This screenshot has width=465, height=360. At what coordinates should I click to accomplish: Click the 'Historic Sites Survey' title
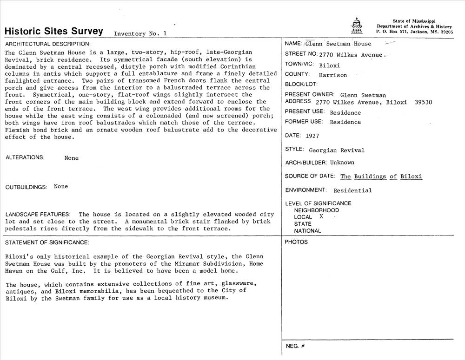[53, 31]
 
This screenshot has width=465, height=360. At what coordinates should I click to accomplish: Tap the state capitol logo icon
[357, 26]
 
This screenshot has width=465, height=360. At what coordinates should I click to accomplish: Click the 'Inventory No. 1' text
[140, 33]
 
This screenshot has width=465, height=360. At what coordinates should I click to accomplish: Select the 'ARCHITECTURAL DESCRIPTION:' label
[48, 44]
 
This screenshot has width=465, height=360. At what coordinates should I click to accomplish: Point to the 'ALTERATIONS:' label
[25, 157]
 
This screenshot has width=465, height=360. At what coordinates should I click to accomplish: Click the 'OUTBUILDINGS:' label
[27, 187]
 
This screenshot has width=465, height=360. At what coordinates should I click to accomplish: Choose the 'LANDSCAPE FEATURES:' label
[38, 214]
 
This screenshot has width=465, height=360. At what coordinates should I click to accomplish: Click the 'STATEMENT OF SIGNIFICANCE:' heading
[46, 242]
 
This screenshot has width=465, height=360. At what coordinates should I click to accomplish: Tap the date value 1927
[312, 136]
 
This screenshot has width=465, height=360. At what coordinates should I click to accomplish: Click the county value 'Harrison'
[333, 75]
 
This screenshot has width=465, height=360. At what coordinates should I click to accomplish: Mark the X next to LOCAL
[321, 216]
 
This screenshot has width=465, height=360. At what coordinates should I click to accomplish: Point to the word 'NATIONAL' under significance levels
[307, 231]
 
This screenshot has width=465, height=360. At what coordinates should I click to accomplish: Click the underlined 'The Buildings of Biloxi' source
[381, 177]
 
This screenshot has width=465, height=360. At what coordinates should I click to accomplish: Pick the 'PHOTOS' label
[296, 242]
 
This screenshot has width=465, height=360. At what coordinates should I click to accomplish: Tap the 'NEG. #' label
[295, 346]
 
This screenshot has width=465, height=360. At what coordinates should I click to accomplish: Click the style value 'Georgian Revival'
[337, 150]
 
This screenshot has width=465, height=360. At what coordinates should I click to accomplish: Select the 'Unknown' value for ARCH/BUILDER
[342, 163]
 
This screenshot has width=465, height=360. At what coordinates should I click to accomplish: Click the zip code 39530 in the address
[423, 102]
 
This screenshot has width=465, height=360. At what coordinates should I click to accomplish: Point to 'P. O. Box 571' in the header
[392, 33]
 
